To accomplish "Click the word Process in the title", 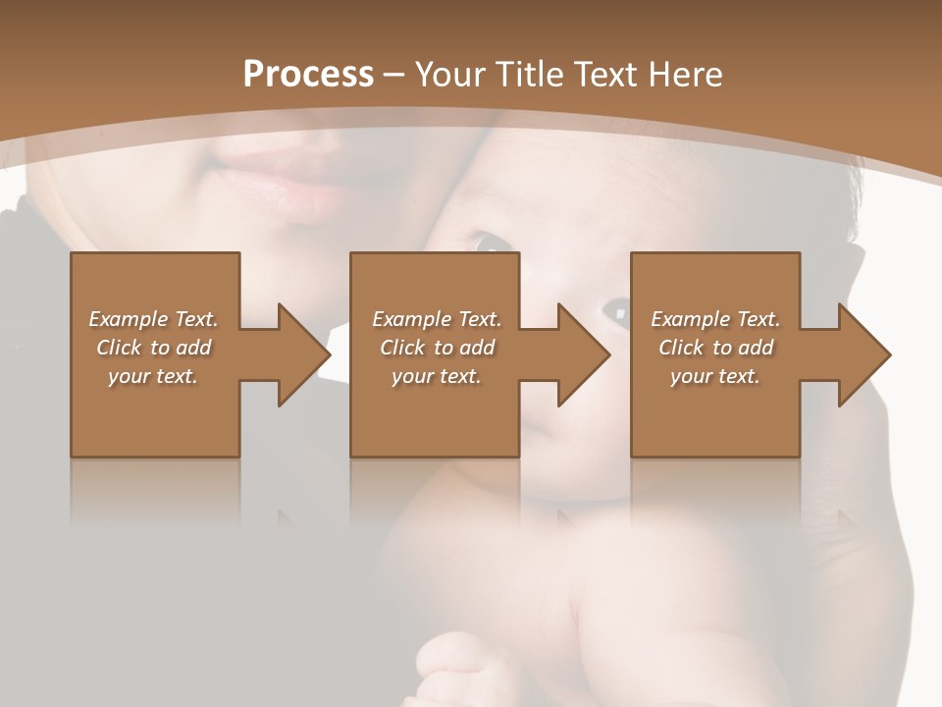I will [308, 75].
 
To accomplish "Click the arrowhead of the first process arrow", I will [304, 354].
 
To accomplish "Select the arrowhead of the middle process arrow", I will [584, 354].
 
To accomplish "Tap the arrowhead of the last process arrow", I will [864, 354].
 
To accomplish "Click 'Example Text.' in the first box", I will [154, 319].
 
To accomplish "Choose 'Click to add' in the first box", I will [154, 348].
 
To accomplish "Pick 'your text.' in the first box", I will [154, 376].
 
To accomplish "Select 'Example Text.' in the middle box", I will [437, 319].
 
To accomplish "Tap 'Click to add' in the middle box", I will [437, 348].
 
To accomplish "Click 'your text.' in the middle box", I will [437, 376].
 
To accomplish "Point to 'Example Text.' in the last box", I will [715, 319].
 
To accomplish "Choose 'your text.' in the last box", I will [715, 376].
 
